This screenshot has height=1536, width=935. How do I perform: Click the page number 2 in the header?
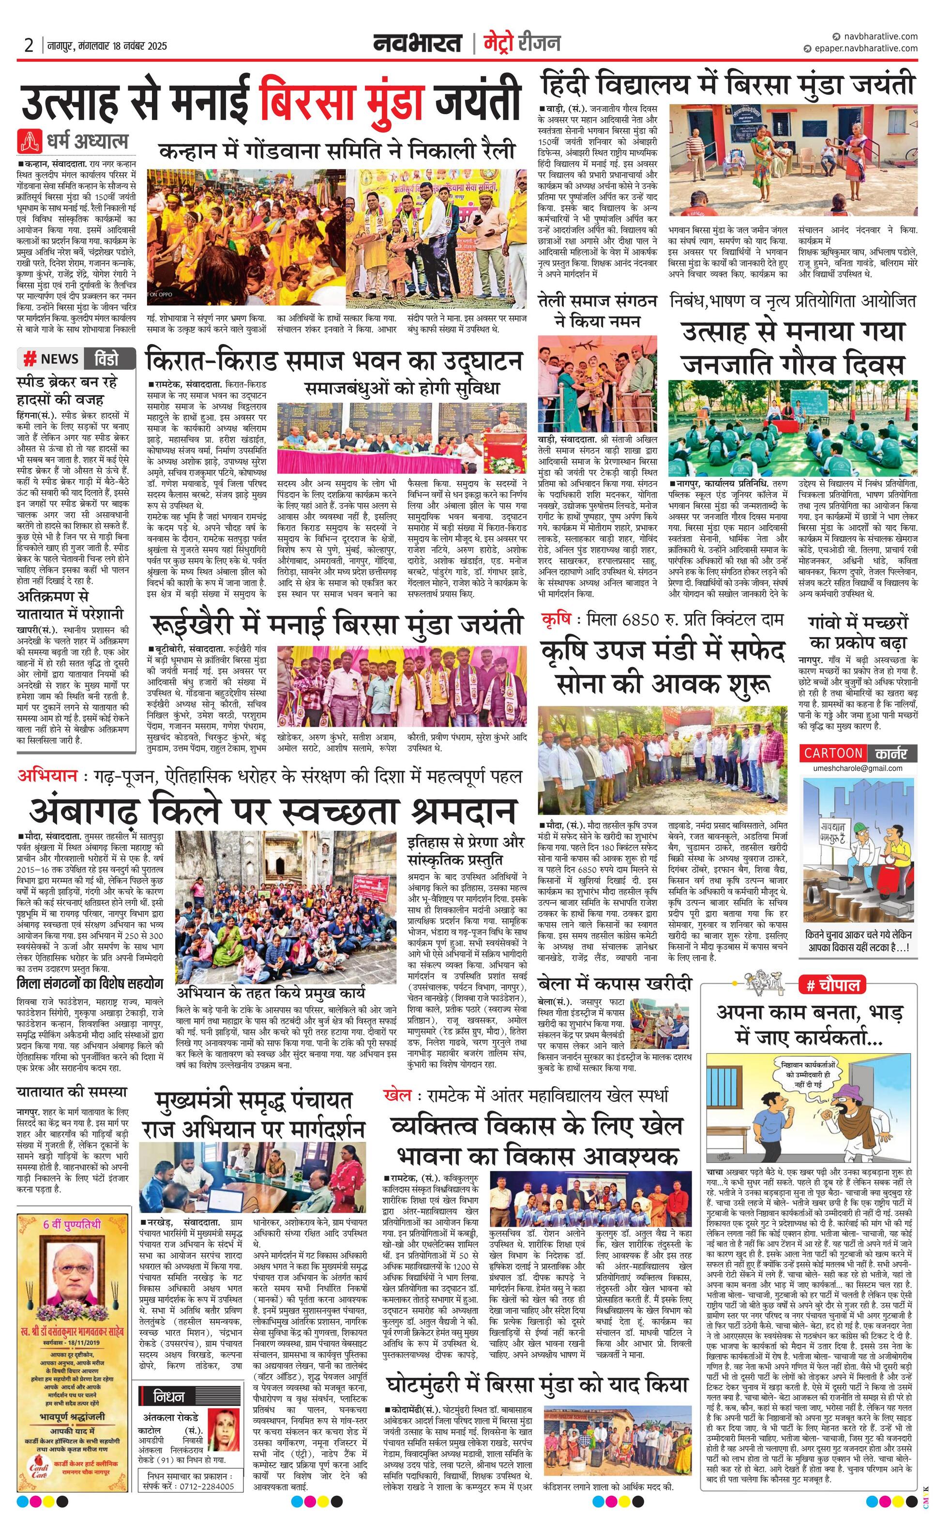(x=29, y=46)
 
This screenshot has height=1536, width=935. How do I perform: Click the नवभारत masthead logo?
(x=418, y=43)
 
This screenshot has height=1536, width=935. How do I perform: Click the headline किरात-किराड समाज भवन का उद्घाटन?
(x=333, y=362)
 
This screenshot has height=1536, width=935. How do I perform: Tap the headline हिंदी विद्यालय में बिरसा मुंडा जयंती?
(x=728, y=84)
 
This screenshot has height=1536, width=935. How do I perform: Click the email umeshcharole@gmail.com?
(x=858, y=769)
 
